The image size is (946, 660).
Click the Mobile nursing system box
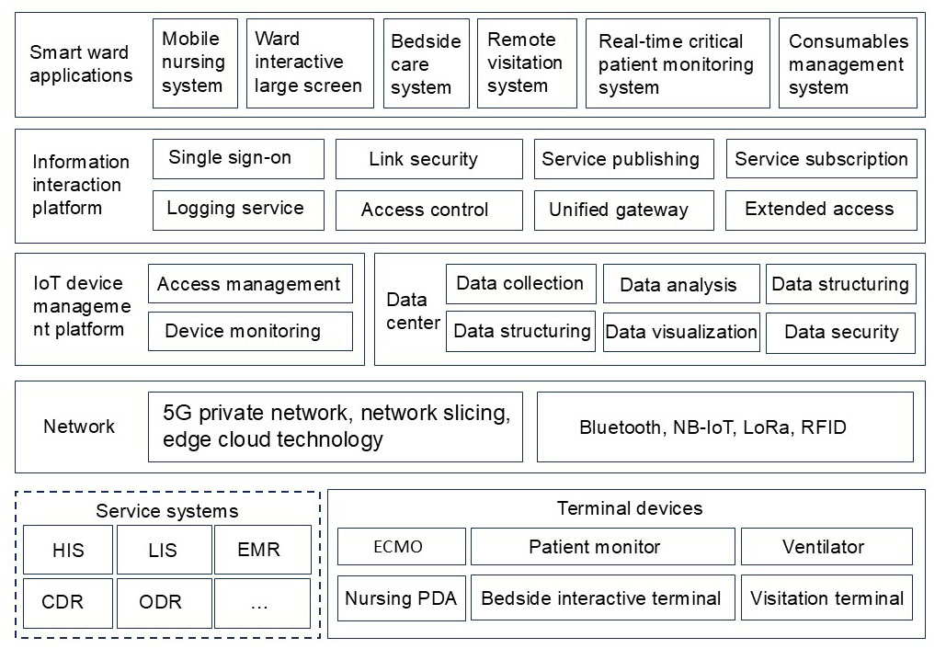pyautogui.click(x=194, y=63)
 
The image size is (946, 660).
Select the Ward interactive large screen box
pyautogui.click(x=310, y=63)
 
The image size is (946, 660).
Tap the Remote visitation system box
pyautogui.click(x=527, y=63)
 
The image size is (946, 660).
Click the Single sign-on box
pyautogui.click(x=238, y=158)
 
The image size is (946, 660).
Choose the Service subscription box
pyautogui.click(x=821, y=159)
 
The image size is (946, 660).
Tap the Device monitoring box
pyautogui.click(x=250, y=331)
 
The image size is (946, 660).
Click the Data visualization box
pyautogui.click(x=681, y=332)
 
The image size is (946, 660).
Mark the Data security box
pyautogui.click(x=840, y=332)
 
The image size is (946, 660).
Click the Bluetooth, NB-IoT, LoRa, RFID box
pyautogui.click(x=724, y=427)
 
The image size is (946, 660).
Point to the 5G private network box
pyautogui.click(x=335, y=427)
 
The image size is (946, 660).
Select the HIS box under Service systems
pyautogui.click(x=68, y=550)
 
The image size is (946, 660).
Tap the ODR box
pyautogui.click(x=162, y=602)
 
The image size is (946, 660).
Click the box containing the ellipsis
pyautogui.click(x=261, y=602)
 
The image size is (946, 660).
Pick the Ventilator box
pyautogui.click(x=826, y=546)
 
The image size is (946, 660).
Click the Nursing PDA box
pyautogui.click(x=402, y=598)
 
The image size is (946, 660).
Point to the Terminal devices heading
pyautogui.click(x=629, y=508)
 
